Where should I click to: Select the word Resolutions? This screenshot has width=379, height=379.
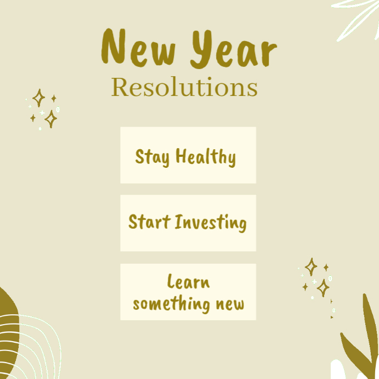click(184, 88)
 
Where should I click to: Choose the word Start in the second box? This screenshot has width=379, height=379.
click(149, 222)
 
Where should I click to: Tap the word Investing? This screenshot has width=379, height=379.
click(211, 223)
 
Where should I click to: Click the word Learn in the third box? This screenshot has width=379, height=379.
click(188, 282)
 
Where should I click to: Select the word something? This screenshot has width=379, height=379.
click(171, 303)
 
